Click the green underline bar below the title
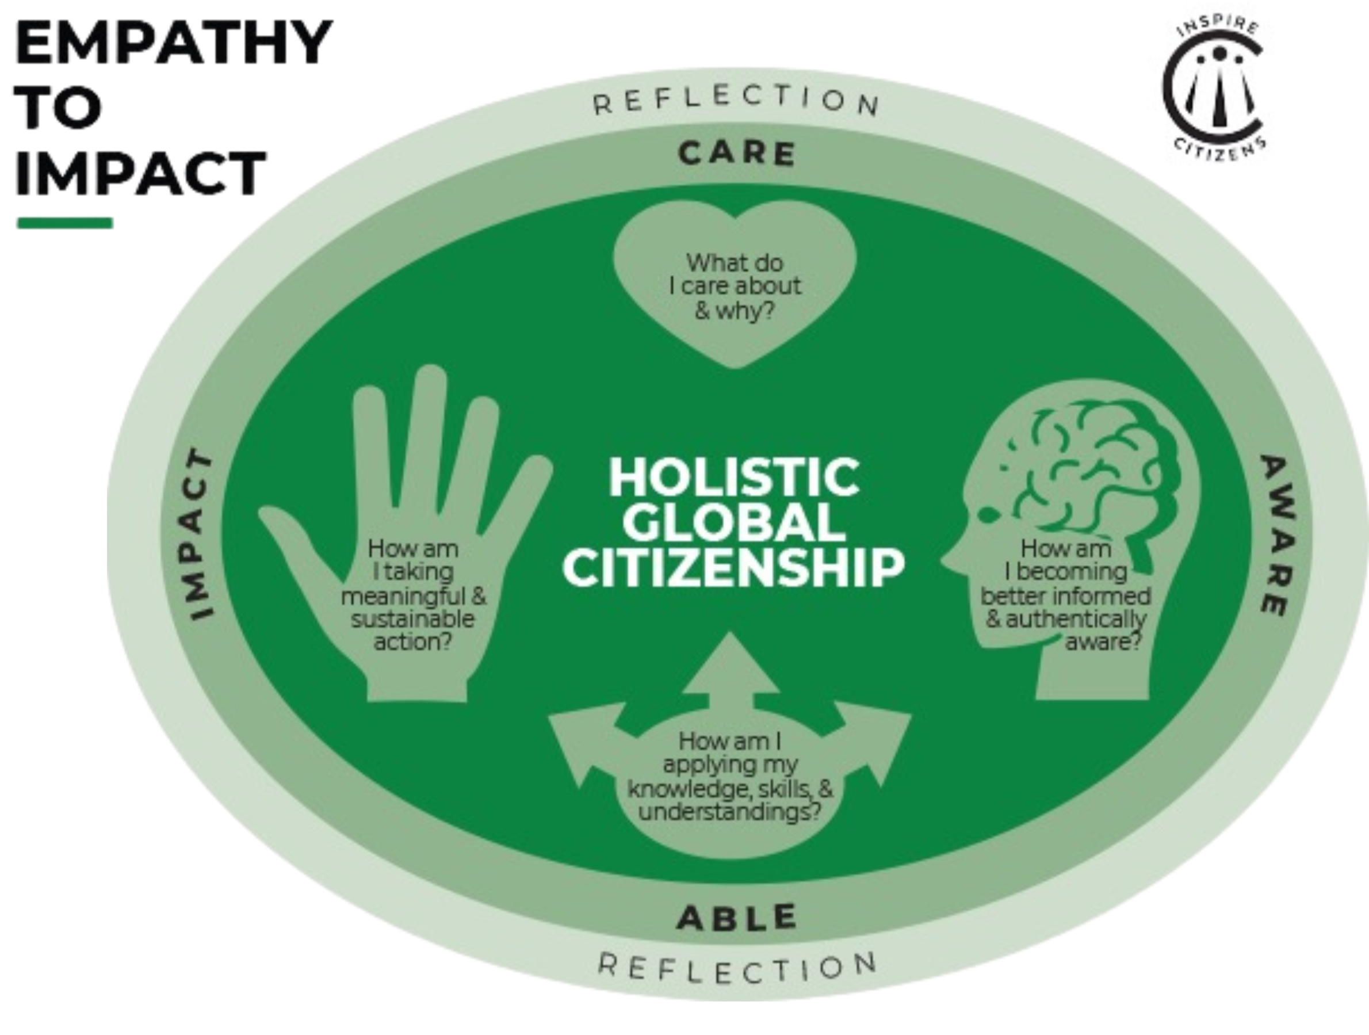click(x=64, y=223)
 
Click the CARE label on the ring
click(x=736, y=154)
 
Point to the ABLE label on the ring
click(x=736, y=918)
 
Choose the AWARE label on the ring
click(x=1277, y=535)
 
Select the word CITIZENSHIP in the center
click(x=734, y=568)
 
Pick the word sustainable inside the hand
click(x=412, y=618)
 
